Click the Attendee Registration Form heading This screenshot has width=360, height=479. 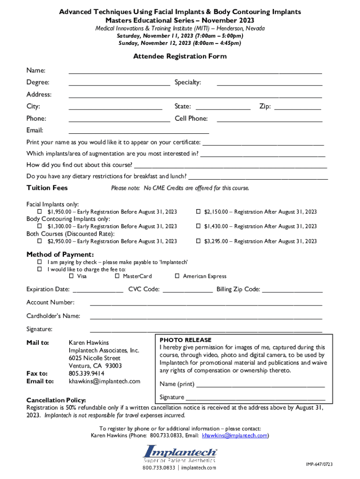coord(180,57)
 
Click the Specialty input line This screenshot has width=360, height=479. coord(269,85)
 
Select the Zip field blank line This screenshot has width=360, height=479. coord(297,109)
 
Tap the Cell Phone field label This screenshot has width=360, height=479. coord(191,119)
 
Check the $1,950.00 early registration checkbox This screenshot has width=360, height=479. coord(40,212)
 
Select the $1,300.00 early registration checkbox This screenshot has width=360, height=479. coord(40,226)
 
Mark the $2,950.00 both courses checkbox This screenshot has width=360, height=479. coord(40,241)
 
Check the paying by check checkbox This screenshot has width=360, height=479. coord(40,262)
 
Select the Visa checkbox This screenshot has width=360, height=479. coord(72,276)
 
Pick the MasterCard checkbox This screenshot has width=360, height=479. coord(117,276)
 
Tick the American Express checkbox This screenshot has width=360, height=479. coord(177,276)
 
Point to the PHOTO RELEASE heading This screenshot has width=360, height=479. coord(185,340)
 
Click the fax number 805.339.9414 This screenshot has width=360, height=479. coord(86,374)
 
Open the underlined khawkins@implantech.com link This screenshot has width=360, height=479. coord(235,435)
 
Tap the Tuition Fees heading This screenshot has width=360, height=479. coord(47,188)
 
